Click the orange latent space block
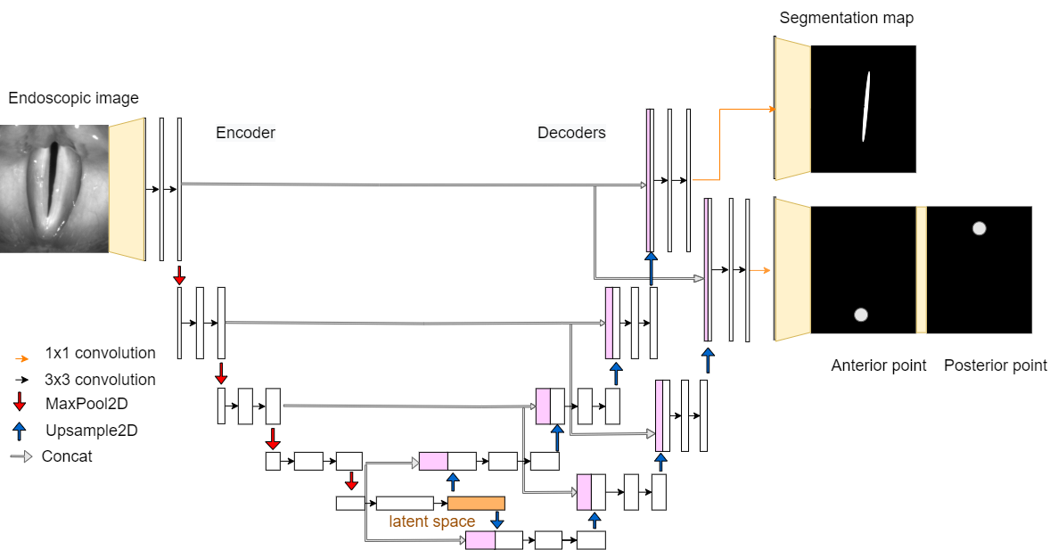(x=476, y=503)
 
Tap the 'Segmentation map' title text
(x=847, y=18)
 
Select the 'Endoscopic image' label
(x=74, y=98)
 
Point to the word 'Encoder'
(x=246, y=133)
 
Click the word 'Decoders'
(x=572, y=133)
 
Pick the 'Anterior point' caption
(x=879, y=365)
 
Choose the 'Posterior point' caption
(x=995, y=365)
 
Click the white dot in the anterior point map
(x=861, y=315)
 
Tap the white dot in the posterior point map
(x=979, y=228)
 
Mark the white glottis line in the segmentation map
(x=865, y=106)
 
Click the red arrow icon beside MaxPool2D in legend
(x=20, y=402)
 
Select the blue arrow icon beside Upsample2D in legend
(x=20, y=431)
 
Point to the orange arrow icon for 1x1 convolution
(x=21, y=358)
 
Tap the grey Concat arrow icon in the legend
(x=21, y=457)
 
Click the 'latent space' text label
(x=432, y=521)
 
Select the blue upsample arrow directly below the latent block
(x=496, y=519)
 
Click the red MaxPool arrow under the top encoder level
(x=179, y=275)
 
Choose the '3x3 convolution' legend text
(x=100, y=379)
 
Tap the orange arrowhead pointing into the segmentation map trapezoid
(x=772, y=109)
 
